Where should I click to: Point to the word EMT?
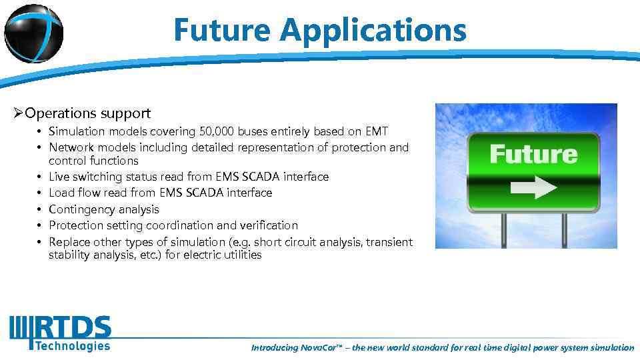376,131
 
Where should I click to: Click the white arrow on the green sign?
533,187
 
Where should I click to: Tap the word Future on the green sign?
533,155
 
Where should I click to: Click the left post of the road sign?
504,230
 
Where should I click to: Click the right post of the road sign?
564,230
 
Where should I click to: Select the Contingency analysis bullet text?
104,209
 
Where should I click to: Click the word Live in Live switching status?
59,177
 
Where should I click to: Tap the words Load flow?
73,193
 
